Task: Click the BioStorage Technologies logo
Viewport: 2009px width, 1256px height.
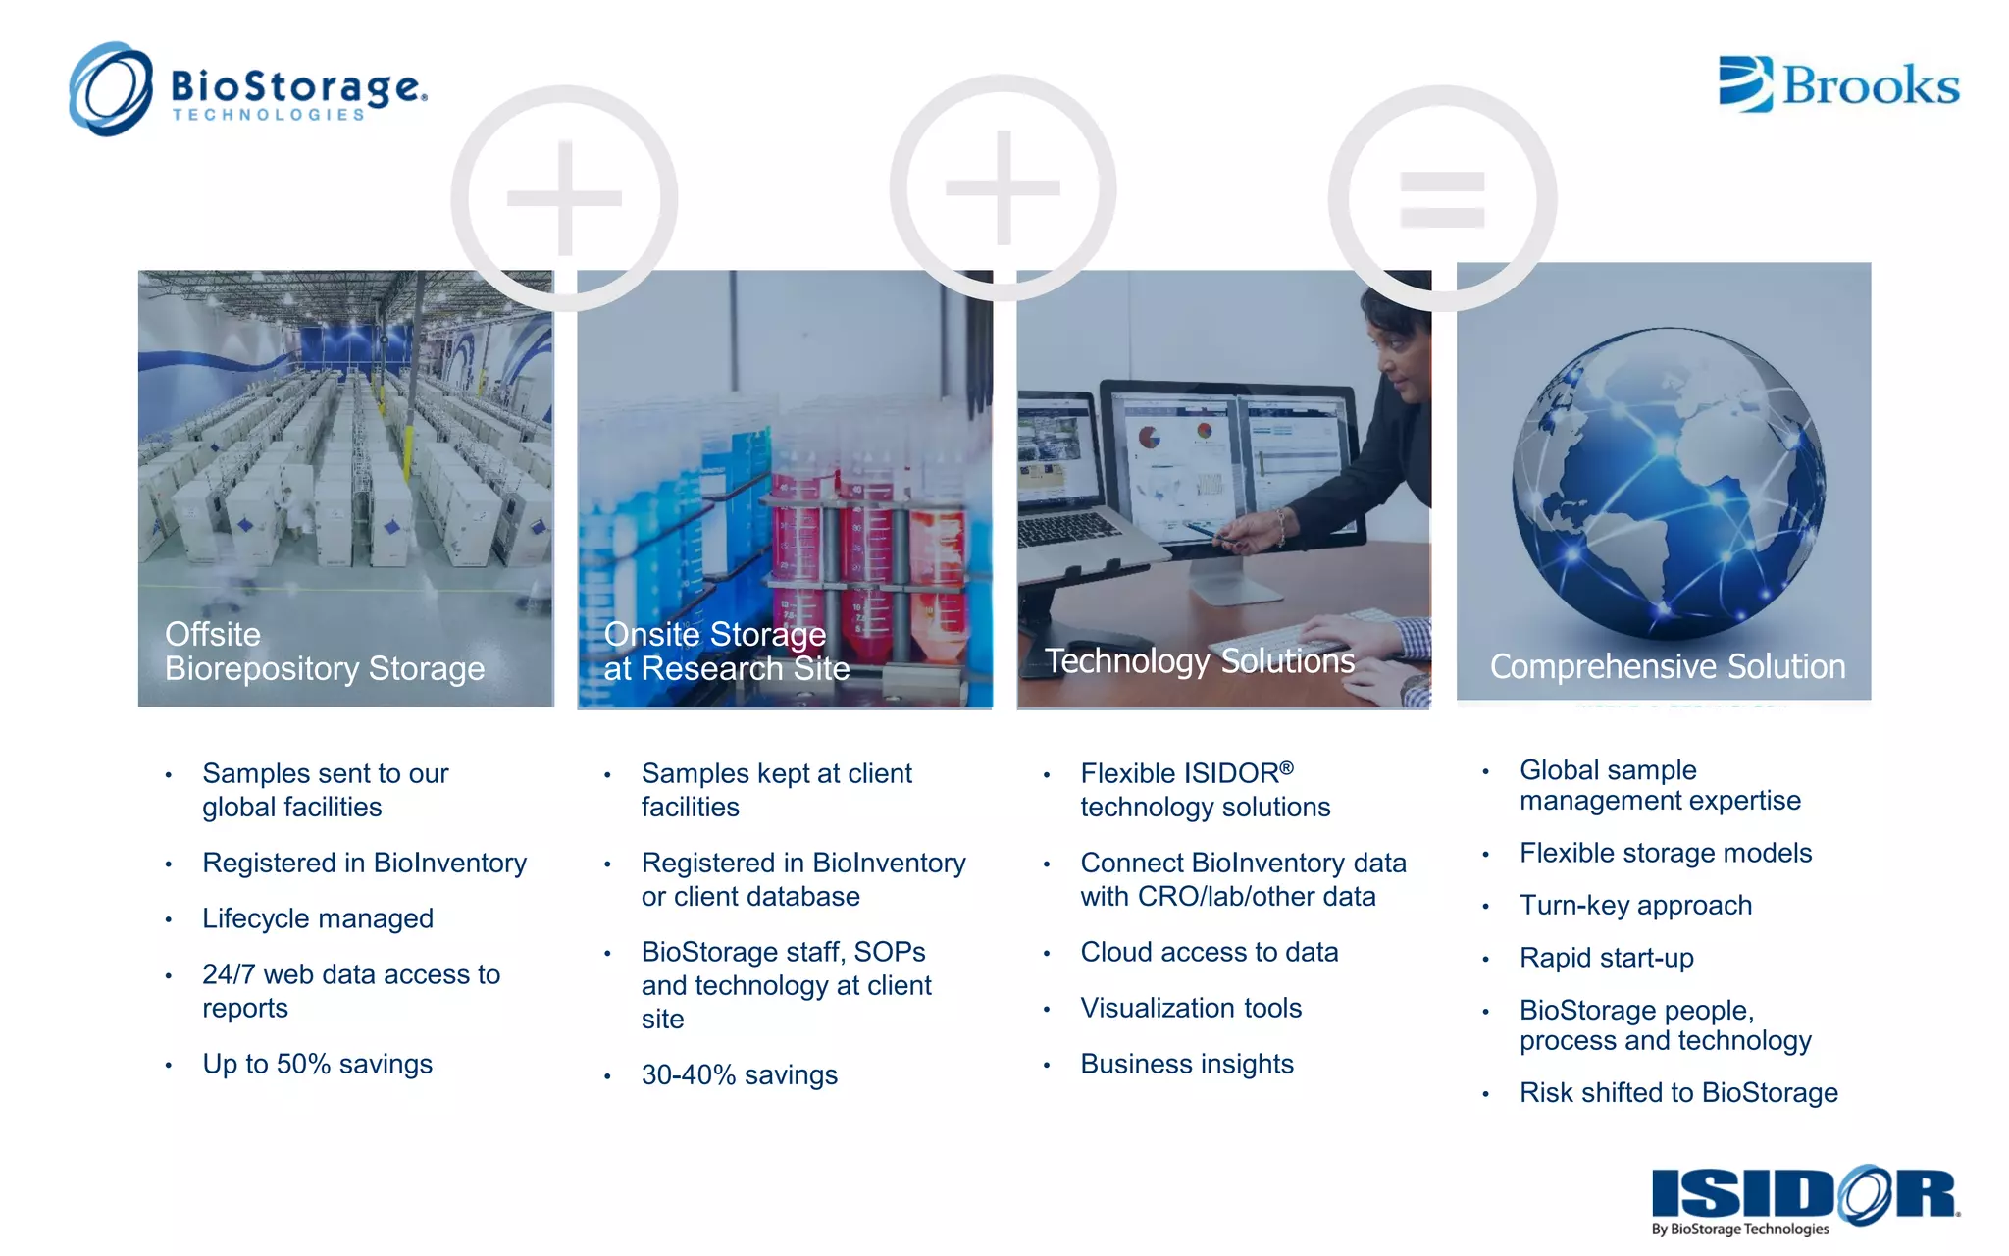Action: click(247, 90)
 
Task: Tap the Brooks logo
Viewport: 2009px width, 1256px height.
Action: click(1839, 84)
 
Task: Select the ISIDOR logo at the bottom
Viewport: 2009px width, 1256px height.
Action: click(1805, 1197)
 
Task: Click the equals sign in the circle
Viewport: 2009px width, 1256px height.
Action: click(1442, 198)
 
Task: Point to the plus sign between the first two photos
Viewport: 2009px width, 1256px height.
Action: click(564, 198)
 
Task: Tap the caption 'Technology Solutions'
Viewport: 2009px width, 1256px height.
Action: click(1199, 661)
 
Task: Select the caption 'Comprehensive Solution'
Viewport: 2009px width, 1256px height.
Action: click(1668, 667)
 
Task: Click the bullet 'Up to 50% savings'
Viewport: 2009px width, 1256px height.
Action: click(317, 1065)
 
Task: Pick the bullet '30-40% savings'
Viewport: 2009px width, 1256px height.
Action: click(739, 1075)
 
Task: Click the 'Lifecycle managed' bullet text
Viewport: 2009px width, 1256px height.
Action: click(317, 919)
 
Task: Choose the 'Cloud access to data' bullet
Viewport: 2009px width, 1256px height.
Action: click(1209, 953)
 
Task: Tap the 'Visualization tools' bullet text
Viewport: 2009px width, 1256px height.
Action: click(1191, 1009)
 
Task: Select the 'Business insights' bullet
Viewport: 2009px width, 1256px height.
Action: click(1187, 1065)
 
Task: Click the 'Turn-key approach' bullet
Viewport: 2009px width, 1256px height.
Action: click(1635, 906)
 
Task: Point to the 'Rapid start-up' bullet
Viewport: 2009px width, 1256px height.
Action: click(1606, 959)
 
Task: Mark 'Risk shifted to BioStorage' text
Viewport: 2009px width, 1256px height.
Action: click(1678, 1093)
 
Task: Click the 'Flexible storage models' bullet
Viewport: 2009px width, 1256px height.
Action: click(1665, 854)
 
